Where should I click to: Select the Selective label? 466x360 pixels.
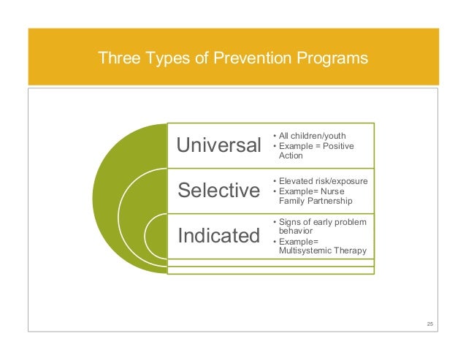click(x=219, y=191)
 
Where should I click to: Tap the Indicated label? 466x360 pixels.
click(x=219, y=235)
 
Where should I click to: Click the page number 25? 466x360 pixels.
click(x=429, y=323)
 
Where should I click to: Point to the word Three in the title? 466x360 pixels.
click(x=116, y=57)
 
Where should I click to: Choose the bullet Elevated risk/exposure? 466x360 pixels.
click(x=322, y=180)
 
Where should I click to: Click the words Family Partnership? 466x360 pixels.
click(x=316, y=200)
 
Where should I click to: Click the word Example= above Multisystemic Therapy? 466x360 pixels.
click(x=299, y=241)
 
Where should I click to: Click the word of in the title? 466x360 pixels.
click(x=196, y=57)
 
